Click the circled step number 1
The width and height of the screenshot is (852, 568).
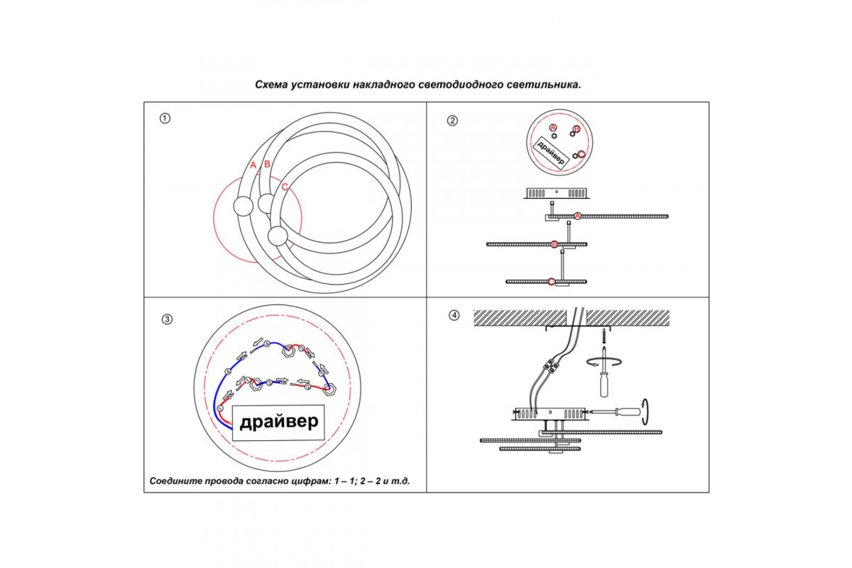point(165,119)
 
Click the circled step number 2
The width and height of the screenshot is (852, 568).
point(452,120)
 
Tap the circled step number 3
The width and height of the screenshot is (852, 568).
point(167,319)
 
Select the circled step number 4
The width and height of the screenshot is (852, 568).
point(454,315)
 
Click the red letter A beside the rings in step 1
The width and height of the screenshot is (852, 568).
point(253,165)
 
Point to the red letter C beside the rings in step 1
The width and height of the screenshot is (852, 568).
point(285,187)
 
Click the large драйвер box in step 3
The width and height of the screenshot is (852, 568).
point(278,422)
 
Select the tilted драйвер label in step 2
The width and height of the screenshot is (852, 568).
point(552,151)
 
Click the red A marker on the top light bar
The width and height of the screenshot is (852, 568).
point(577,216)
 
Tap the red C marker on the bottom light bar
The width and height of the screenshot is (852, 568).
point(552,282)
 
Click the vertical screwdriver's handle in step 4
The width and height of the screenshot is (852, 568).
point(604,384)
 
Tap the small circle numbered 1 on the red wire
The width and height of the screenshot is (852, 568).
point(221,409)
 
